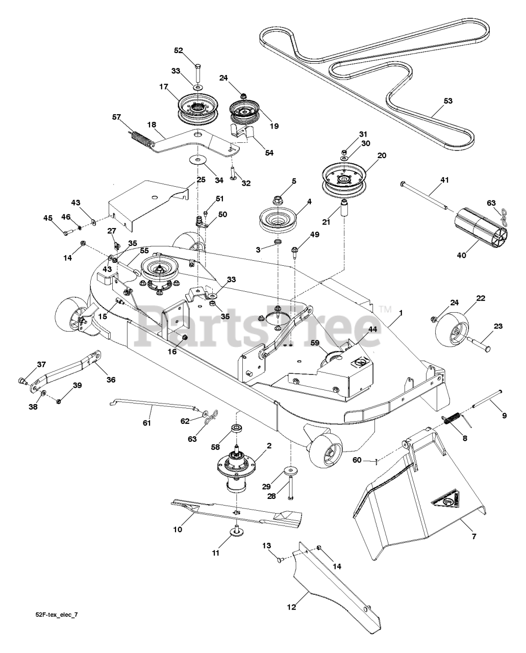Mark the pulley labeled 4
pyautogui.click(x=279, y=217)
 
